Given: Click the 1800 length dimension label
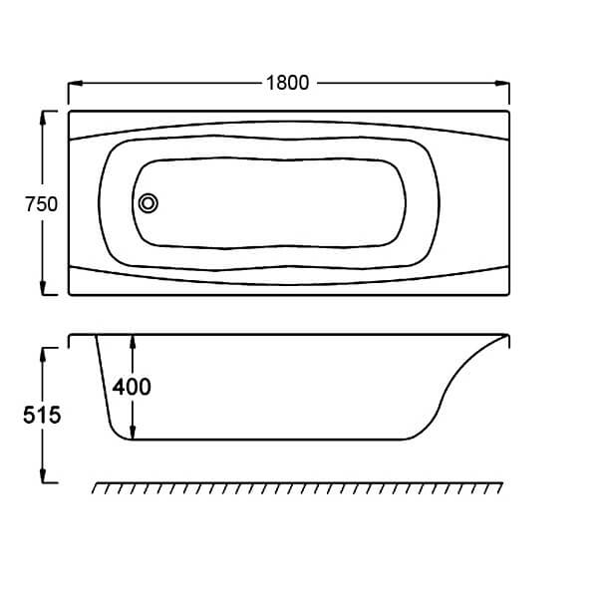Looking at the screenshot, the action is point(288,83).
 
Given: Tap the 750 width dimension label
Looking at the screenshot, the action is point(41,204).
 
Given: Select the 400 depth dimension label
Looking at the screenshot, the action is point(132,387).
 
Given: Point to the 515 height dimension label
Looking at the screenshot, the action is point(42,415).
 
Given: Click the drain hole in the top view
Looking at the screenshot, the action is point(148,203).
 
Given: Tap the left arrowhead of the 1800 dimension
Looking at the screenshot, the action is point(76,83).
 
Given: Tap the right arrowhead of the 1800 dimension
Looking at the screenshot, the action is point(502,83).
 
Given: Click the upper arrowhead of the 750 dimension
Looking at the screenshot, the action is point(43,119).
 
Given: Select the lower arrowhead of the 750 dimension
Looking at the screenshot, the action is point(43,288).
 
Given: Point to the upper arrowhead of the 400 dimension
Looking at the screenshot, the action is point(133,342).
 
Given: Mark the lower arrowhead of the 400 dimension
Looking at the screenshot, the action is point(133,433).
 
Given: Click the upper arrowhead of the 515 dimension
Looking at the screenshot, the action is point(43,355).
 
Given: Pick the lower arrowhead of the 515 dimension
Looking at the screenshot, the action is point(43,475).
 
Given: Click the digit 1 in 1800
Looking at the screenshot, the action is point(270,83).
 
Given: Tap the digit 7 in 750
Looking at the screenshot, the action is point(30,204).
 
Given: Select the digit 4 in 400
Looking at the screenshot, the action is point(119,387).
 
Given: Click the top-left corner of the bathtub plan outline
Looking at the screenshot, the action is point(69,112).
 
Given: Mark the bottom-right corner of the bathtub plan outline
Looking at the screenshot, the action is point(508,294).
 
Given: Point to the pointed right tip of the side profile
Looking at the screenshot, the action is point(508,335).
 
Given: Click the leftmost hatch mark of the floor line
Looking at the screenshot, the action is point(96,488).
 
